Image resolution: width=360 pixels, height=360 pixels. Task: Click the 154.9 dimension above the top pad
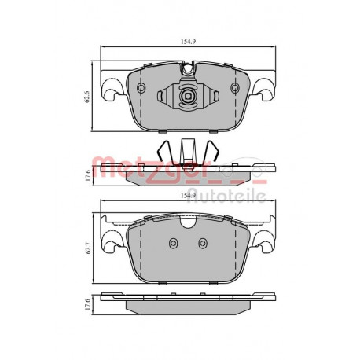coord(188,42)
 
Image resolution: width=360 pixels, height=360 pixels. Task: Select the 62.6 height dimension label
coord(87,97)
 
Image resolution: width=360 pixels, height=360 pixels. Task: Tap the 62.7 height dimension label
coord(88,248)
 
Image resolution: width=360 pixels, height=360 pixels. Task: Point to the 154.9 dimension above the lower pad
coord(188,196)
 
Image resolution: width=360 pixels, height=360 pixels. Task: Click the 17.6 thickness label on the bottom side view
coord(88,304)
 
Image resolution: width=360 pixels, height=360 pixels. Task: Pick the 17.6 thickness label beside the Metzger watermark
coord(88,175)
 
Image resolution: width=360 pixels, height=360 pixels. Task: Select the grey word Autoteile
coord(227,196)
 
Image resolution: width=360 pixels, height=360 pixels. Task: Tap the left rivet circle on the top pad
coord(141,88)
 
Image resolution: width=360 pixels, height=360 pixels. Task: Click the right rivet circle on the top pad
coord(235,88)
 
